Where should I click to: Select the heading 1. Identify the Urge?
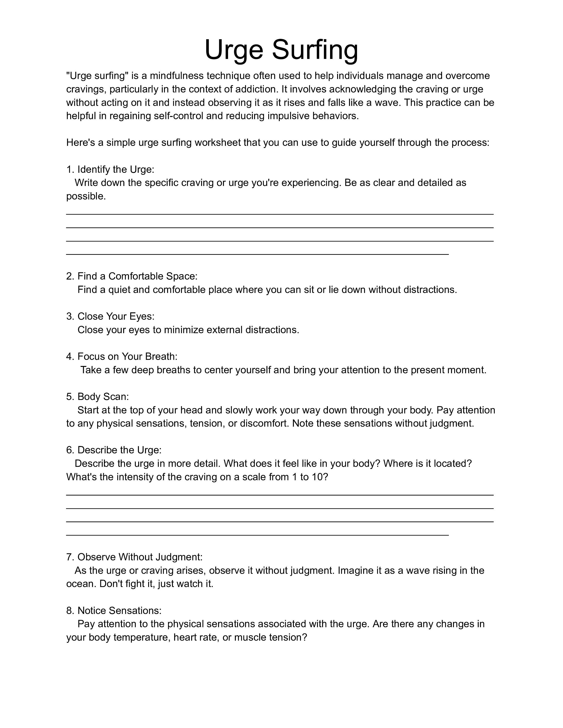pos(110,170)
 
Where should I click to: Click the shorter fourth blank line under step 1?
pos(257,254)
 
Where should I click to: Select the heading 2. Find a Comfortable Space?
pos(132,276)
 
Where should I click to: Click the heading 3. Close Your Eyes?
pos(110,316)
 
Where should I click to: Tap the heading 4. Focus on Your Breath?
pos(122,357)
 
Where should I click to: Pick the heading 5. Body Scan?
pos(97,397)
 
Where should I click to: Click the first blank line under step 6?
pos(280,495)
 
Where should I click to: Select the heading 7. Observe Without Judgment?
pos(134,557)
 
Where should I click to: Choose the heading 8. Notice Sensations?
pos(114,611)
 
